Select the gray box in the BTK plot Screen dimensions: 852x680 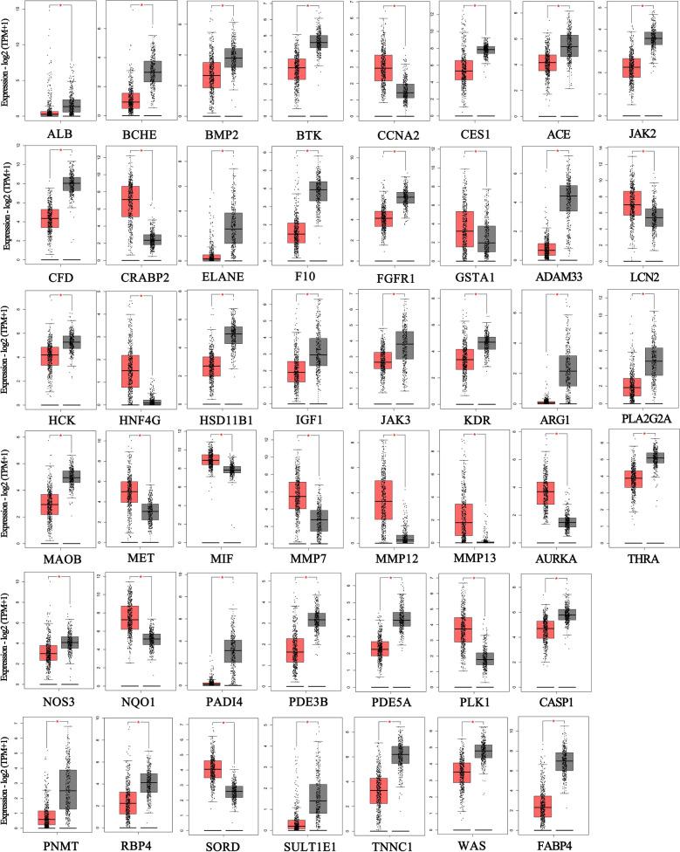319,42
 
